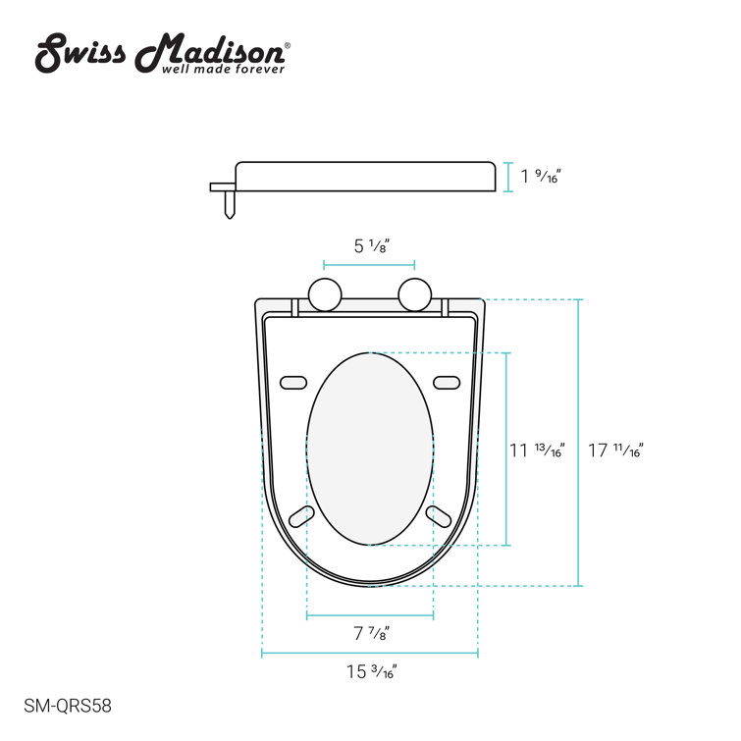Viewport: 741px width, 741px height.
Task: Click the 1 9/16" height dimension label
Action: click(x=541, y=177)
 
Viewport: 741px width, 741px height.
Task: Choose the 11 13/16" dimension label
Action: click(x=537, y=450)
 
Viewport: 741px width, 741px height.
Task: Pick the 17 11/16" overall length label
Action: click(x=614, y=450)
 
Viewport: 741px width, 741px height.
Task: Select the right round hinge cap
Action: click(x=415, y=294)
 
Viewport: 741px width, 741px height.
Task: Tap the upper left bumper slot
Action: click(x=293, y=382)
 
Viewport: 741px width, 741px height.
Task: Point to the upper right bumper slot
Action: click(x=446, y=382)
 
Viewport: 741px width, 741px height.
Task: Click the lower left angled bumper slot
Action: click(x=303, y=516)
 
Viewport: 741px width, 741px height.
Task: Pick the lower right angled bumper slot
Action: click(x=437, y=516)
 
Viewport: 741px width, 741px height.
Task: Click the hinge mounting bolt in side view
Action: click(x=229, y=202)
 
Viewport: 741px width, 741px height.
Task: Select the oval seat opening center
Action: click(x=370, y=448)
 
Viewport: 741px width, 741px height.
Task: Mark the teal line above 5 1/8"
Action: click(x=369, y=265)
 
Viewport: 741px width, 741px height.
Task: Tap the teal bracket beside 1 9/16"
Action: click(x=507, y=177)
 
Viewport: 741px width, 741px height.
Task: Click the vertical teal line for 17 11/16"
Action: click(x=578, y=443)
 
